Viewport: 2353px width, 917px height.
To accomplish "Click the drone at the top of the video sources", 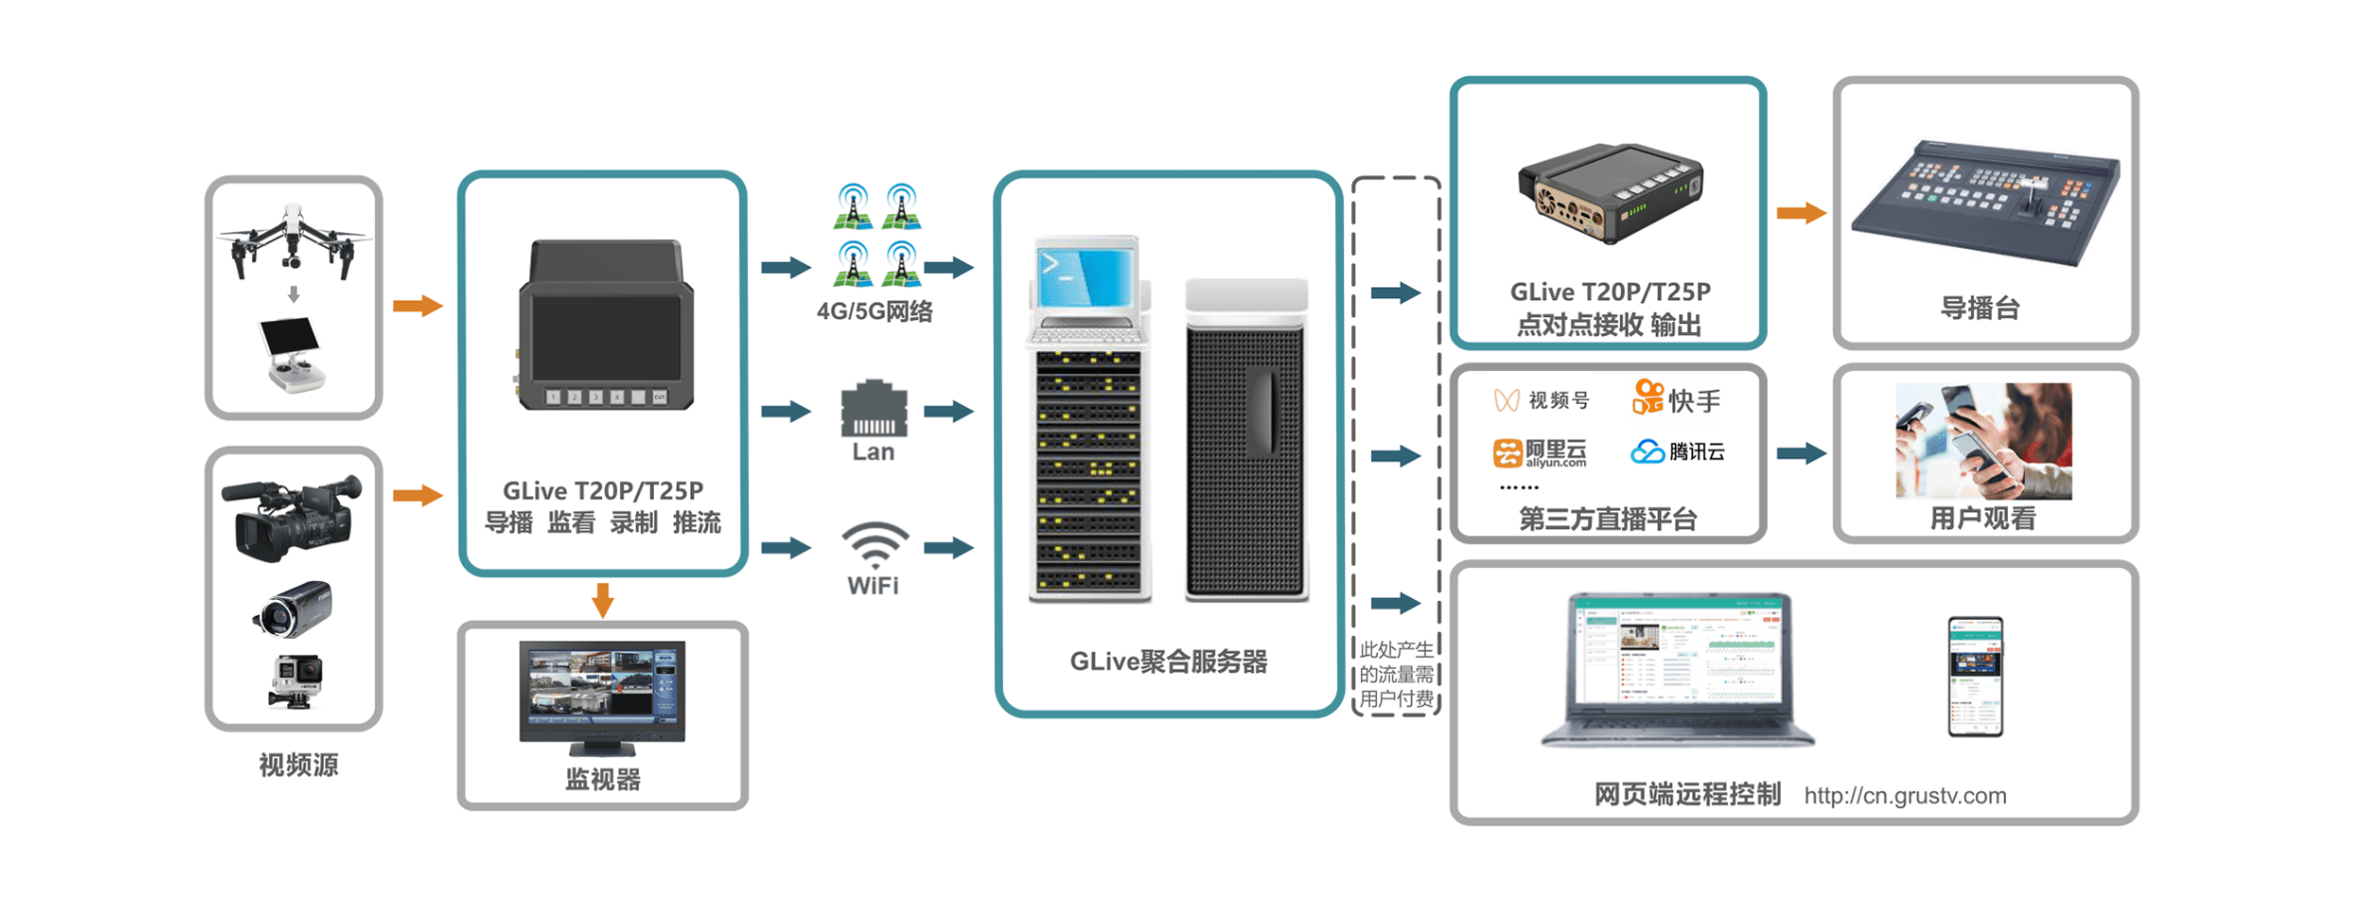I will click(293, 239).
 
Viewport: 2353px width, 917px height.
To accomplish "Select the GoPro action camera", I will click(295, 680).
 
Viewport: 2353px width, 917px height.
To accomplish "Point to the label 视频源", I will click(298, 764).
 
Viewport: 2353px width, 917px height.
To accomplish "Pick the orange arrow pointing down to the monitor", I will click(602, 600).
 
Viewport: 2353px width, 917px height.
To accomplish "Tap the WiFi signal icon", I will click(873, 544).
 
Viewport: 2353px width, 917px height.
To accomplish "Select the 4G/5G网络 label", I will click(874, 312).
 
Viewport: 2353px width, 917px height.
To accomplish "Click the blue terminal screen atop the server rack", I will click(1086, 276).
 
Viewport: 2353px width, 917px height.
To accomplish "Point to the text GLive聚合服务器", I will click(1168, 662).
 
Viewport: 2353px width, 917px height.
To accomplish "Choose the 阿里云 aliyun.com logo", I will click(1539, 453).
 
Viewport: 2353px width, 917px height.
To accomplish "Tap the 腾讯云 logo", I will click(1677, 452).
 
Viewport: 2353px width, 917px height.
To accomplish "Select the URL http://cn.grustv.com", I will click(1904, 795).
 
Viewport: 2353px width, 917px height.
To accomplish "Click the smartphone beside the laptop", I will click(1974, 676).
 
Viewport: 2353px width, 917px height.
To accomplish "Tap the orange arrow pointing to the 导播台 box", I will click(1801, 212).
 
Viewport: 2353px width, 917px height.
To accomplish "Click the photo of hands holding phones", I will click(1982, 441).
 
